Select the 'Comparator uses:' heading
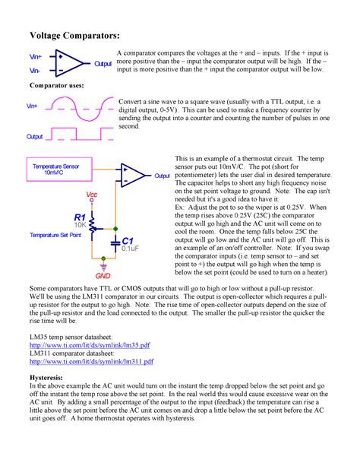coord(57,87)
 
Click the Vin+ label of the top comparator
coord(36,56)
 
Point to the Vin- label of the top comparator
coord(35,70)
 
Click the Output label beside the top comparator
coord(103,65)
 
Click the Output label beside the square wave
coord(35,137)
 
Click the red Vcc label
coord(92,195)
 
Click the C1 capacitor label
coord(128,240)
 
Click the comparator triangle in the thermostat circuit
coord(130,175)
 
